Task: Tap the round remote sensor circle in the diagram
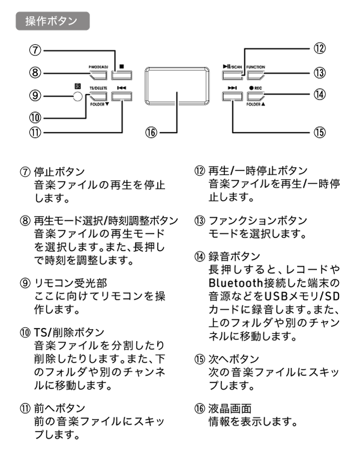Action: point(74,95)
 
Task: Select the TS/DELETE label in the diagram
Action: point(98,88)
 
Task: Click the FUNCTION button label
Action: point(256,67)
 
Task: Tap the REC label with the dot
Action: point(256,88)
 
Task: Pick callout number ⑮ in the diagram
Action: point(320,132)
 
